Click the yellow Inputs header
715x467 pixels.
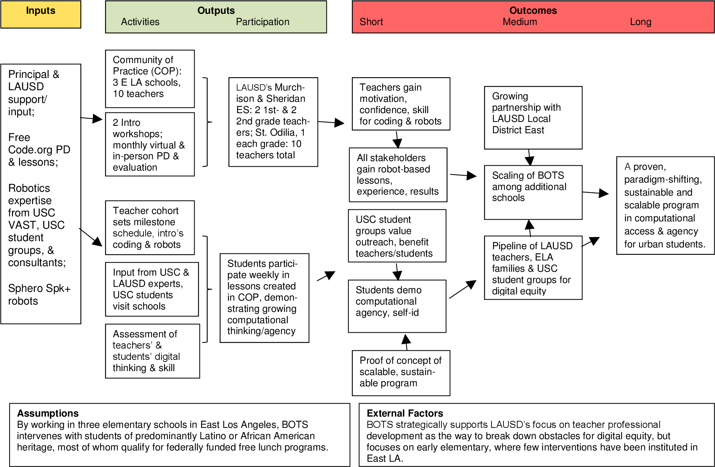click(x=41, y=14)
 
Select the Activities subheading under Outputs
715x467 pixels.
click(x=140, y=22)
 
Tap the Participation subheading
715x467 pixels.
click(x=262, y=22)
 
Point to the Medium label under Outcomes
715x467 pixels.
click(x=520, y=22)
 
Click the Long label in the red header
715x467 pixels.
click(x=640, y=22)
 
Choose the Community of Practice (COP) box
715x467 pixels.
click(x=149, y=78)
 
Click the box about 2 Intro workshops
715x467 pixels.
click(x=149, y=144)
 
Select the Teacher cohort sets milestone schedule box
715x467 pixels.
click(x=149, y=227)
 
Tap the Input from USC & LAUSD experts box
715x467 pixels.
click(x=152, y=289)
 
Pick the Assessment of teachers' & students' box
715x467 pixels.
click(x=152, y=351)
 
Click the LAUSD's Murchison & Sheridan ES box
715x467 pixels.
click(x=273, y=122)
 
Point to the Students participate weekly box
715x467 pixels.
click(x=264, y=297)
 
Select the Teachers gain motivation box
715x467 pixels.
click(x=401, y=104)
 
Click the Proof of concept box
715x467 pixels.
click(x=401, y=373)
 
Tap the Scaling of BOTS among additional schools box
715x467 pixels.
click(x=533, y=192)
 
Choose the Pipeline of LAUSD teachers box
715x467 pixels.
click(x=533, y=268)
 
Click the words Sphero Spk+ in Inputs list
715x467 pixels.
click(x=39, y=288)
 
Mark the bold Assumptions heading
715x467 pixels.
click(x=48, y=413)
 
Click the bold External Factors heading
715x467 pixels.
click(x=405, y=413)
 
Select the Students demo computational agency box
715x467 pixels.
click(x=397, y=306)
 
